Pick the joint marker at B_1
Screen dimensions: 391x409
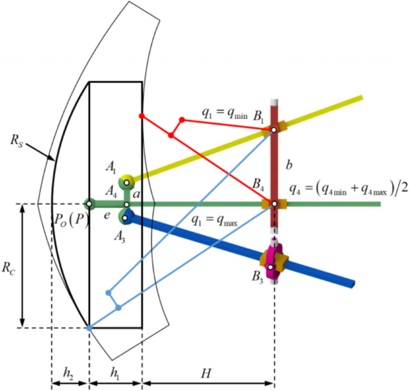[273, 130]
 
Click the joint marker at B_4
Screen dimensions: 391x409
[274, 204]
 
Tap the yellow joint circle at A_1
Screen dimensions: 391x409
[126, 180]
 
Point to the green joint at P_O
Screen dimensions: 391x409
[89, 204]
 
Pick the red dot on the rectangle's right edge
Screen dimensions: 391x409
[142, 115]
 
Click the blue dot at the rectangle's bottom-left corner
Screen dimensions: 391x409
[89, 328]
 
